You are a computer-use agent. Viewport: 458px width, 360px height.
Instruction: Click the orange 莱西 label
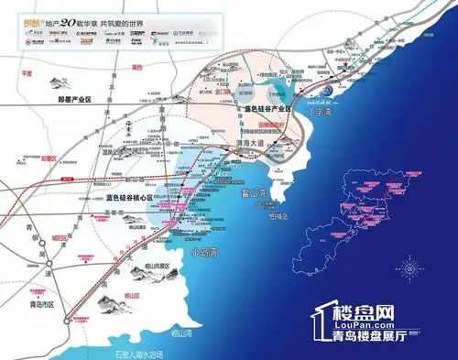[x=137, y=67]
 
